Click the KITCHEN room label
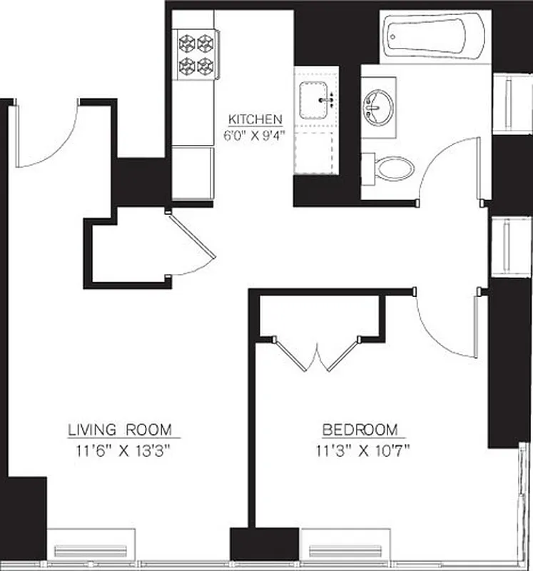pos(255,118)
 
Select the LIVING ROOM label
pos(120,430)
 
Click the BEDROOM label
pos(360,430)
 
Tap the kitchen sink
pos(316,100)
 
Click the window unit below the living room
pos(91,549)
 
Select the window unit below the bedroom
pos(345,549)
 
